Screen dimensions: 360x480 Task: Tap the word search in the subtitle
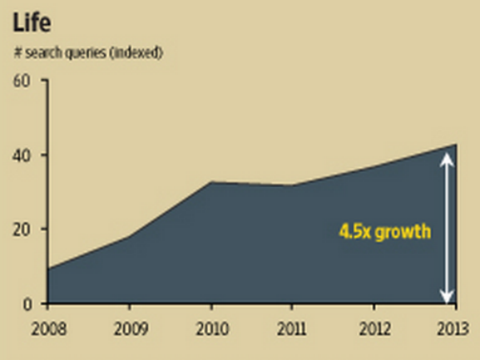[x=43, y=53]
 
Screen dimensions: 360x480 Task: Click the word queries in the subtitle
[x=89, y=53]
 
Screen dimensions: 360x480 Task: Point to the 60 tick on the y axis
[x=22, y=81]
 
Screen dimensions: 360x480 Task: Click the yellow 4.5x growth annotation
[x=385, y=233]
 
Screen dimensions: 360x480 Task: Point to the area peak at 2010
[x=210, y=182]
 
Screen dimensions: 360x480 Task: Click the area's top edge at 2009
[x=129, y=237]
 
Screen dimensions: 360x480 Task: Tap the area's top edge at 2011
[x=292, y=186]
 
